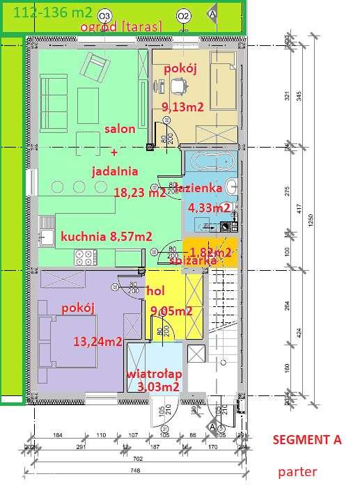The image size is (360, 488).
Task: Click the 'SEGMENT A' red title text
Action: click(306, 440)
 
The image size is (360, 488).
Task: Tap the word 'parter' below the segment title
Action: click(297, 471)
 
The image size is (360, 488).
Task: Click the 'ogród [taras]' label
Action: click(121, 26)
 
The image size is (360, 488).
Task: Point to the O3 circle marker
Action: click(105, 15)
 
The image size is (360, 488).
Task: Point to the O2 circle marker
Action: click(183, 15)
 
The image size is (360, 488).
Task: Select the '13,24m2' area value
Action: click(97, 341)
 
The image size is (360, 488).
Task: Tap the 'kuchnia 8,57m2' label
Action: click(107, 236)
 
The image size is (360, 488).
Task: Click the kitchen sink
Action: click(47, 237)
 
